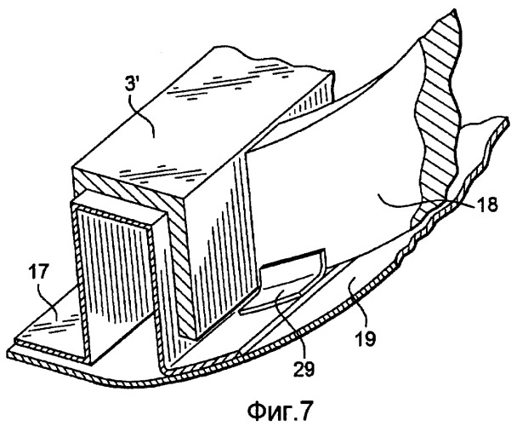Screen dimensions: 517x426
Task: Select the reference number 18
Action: [486, 204]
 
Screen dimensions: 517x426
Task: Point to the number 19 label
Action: [365, 337]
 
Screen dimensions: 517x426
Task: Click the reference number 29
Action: [304, 369]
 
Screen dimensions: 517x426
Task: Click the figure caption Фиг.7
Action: [279, 411]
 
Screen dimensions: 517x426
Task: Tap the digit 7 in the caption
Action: [304, 410]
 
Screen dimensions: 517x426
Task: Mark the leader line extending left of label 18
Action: [425, 202]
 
